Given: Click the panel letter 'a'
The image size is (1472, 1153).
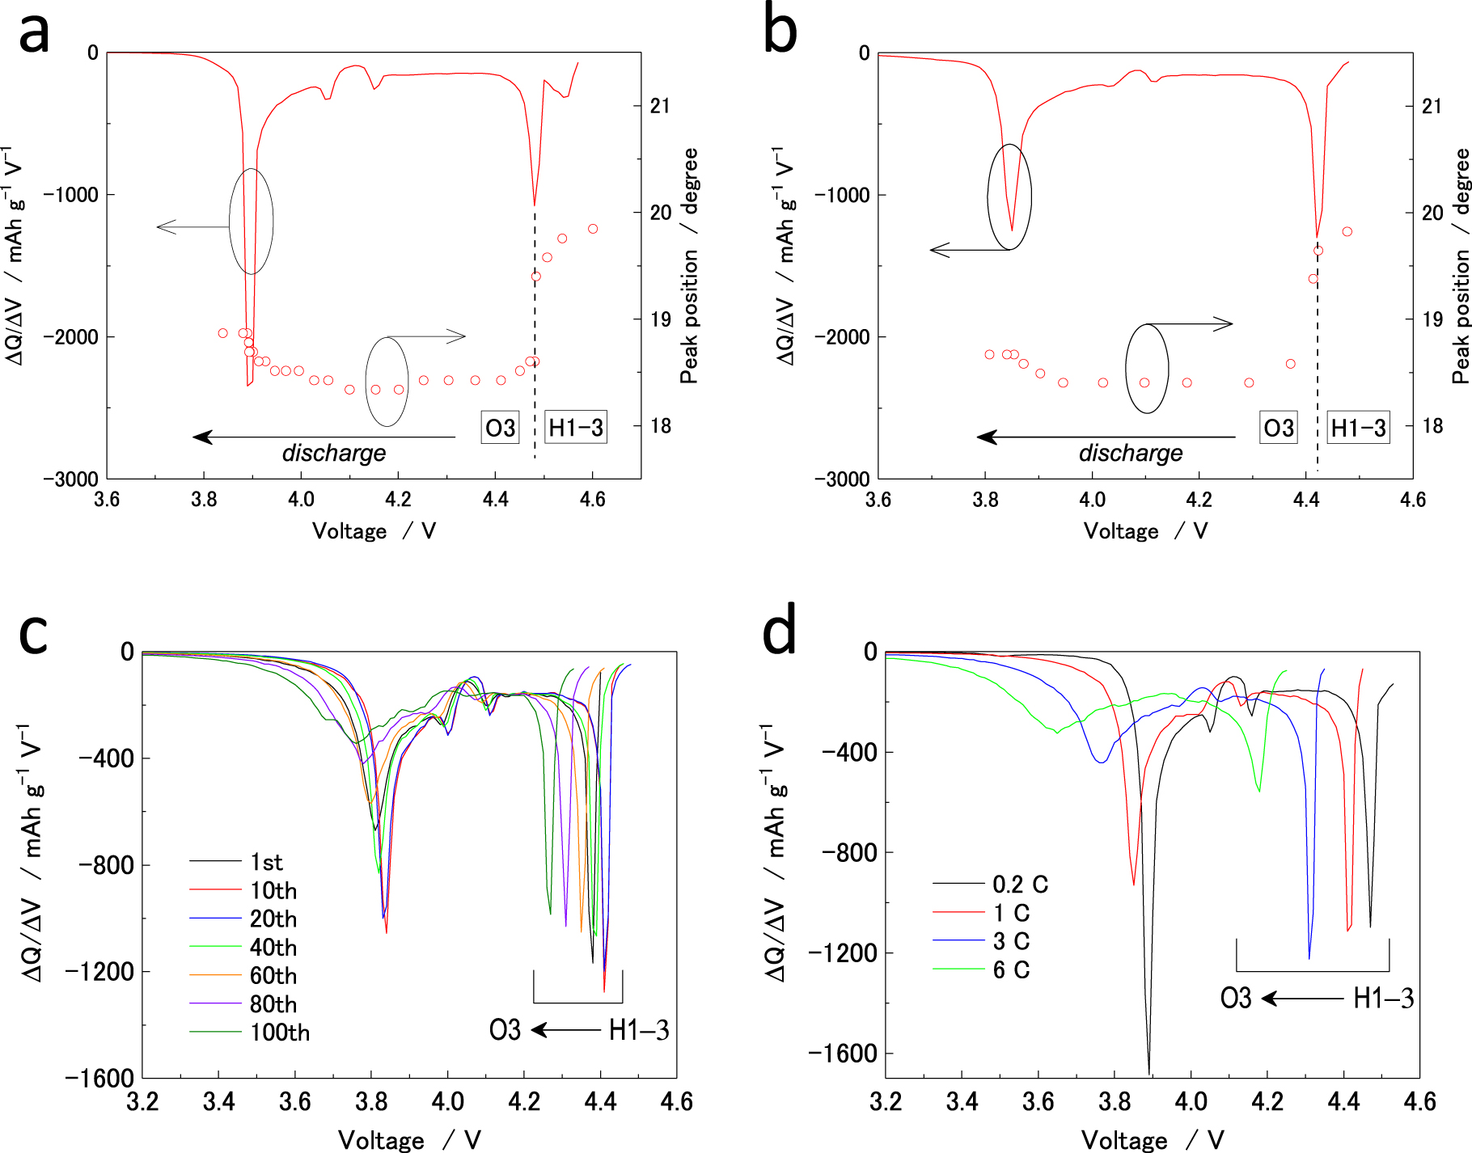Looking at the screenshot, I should click(x=34, y=34).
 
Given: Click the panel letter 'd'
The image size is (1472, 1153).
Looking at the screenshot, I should click(x=780, y=632).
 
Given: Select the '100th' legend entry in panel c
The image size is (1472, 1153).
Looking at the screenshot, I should click(x=279, y=1033).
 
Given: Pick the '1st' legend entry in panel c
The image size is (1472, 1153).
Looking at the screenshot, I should click(x=266, y=862).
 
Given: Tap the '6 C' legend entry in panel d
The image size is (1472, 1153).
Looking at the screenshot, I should click(x=1011, y=969).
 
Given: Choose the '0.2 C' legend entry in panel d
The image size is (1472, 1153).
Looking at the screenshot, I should click(x=1020, y=885).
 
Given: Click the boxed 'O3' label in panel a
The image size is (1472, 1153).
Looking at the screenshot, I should click(x=500, y=428).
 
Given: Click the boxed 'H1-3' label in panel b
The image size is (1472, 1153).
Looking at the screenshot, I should click(x=1358, y=428).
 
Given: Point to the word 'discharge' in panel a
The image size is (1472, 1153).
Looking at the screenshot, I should click(x=333, y=453).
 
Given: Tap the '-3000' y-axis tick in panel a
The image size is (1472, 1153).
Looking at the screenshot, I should click(x=71, y=479).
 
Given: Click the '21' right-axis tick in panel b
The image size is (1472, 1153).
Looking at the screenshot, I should click(x=1432, y=106).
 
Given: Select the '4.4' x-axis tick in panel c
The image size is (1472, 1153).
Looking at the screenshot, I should click(x=600, y=1101).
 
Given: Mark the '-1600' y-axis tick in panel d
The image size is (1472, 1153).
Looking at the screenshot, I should click(x=843, y=1054).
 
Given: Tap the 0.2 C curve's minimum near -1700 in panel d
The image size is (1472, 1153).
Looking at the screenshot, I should click(x=1148, y=1072).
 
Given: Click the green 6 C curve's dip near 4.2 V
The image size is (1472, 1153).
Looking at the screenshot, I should click(x=1259, y=790).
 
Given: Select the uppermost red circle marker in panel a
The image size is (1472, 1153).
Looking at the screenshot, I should click(x=593, y=229).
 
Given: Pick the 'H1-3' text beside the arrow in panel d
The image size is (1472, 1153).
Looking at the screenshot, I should click(x=1383, y=999).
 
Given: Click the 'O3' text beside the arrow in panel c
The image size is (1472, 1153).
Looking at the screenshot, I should click(x=505, y=1030).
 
